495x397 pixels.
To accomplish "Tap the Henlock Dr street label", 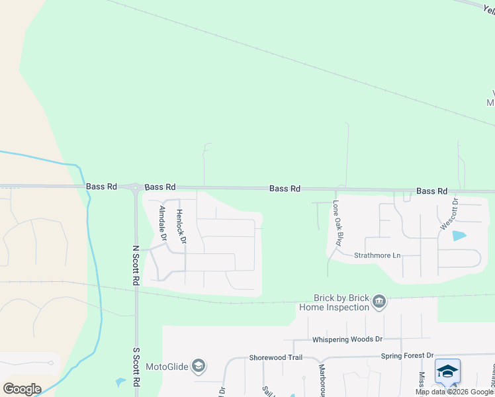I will [x=179, y=226].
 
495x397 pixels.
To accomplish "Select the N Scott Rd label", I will [x=136, y=266].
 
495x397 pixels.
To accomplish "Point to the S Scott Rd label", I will [x=136, y=368].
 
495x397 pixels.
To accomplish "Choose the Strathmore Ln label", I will [x=377, y=255].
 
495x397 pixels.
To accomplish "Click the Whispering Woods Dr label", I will [x=347, y=339].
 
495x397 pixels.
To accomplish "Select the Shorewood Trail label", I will [x=275, y=358].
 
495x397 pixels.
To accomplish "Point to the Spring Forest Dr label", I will [x=407, y=356].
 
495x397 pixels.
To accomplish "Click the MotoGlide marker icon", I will [x=199, y=366].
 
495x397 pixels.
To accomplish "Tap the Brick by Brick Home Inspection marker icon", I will [x=379, y=302].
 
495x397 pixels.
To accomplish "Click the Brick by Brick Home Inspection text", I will [x=334, y=302].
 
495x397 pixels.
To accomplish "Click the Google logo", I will [x=22, y=388].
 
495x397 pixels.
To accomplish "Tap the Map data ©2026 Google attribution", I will [x=454, y=392].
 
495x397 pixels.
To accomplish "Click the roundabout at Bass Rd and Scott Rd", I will [x=135, y=187].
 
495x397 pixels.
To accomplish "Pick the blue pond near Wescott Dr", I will [x=457, y=235].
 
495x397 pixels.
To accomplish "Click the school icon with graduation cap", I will [x=447, y=372].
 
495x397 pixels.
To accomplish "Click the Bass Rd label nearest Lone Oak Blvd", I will [x=285, y=189].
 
